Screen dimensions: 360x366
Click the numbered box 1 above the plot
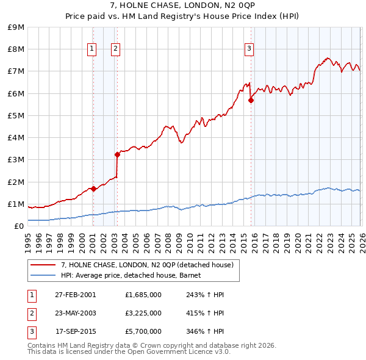[91, 49]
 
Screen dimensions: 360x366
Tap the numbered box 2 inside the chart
[115, 49]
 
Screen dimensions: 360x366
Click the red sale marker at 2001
[93, 189]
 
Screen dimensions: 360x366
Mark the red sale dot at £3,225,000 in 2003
[117, 154]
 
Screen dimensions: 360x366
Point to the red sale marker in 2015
[251, 100]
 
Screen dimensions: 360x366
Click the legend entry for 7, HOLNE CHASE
[147, 265]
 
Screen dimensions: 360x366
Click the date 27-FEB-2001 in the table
[76, 295]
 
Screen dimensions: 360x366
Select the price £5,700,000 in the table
[143, 331]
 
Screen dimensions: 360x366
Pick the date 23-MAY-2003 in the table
[76, 313]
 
